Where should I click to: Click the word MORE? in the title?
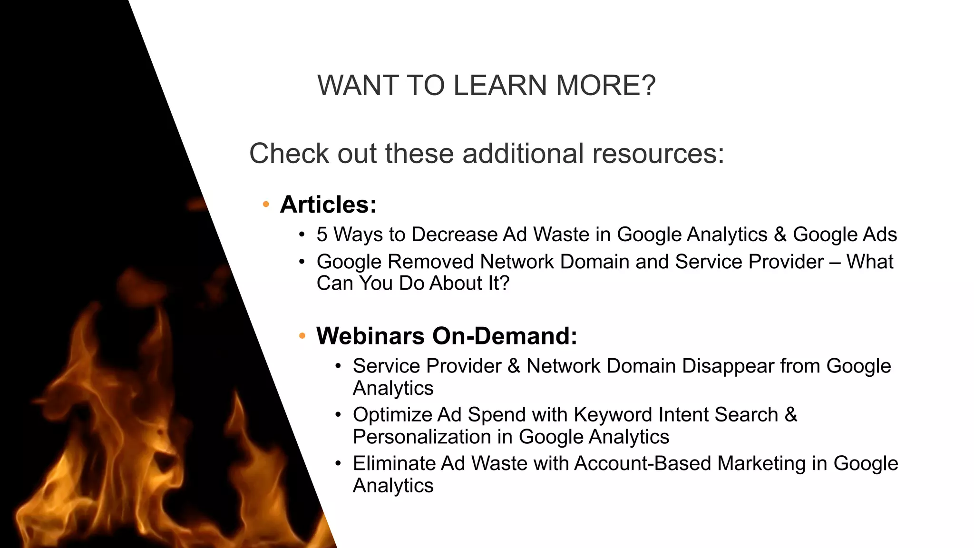(606, 86)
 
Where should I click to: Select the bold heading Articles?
(328, 205)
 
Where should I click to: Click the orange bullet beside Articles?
(266, 205)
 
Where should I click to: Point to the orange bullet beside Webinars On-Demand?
(302, 336)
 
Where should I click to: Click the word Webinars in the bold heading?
(370, 336)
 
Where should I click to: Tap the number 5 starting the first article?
(322, 235)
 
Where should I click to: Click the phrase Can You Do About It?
(413, 284)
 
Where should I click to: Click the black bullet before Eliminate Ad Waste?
(338, 463)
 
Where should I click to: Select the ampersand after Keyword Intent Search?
(790, 415)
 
